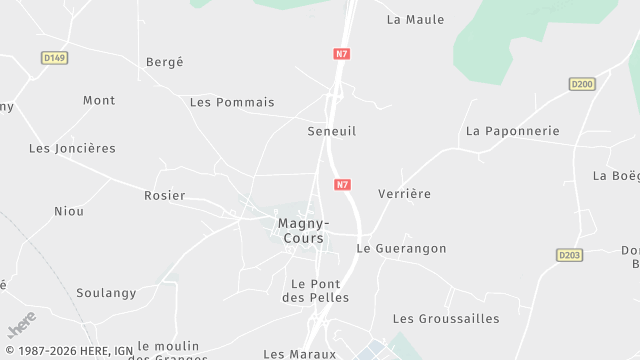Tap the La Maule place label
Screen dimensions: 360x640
coord(415,19)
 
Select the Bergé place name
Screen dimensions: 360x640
coord(165,62)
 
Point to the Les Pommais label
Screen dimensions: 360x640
coord(232,102)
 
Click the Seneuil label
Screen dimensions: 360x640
coord(332,131)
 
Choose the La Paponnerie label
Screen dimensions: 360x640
coord(513,131)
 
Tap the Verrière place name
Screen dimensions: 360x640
coord(405,194)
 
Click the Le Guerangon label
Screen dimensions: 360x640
coord(402,248)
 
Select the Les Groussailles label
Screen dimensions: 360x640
coord(446,318)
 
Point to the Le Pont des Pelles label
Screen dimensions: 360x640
coord(315,290)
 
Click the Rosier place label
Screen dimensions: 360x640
coord(165,196)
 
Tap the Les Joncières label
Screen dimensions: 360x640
coord(72,148)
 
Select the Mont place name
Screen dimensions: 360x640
coord(99,100)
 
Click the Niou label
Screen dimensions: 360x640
coord(69,211)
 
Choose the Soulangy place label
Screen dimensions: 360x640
coord(106,293)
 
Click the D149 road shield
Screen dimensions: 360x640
coord(55,58)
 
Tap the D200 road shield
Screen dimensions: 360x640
coord(583,84)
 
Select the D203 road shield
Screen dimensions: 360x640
coord(570,255)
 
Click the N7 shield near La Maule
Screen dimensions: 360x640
coord(342,53)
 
